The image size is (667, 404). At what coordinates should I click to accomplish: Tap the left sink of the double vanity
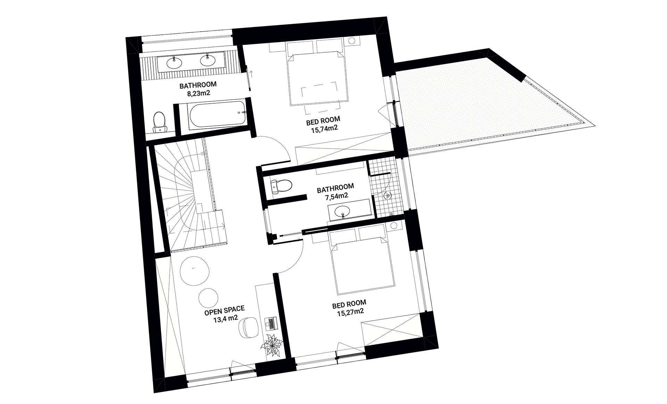(x=174, y=63)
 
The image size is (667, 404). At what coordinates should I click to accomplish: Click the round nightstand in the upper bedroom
(x=353, y=41)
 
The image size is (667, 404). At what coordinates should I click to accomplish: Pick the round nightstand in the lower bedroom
(x=394, y=226)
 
